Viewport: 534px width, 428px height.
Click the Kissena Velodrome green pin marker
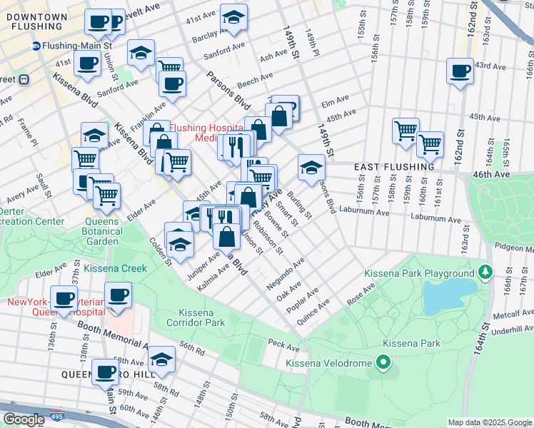(x=383, y=364)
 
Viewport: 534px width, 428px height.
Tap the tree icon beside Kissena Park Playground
(x=485, y=272)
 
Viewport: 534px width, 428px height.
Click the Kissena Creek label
(x=115, y=269)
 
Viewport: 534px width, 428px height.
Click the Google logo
(x=23, y=419)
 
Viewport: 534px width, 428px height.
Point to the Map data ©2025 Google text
(x=489, y=422)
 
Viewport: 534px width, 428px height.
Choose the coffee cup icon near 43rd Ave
(x=460, y=71)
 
